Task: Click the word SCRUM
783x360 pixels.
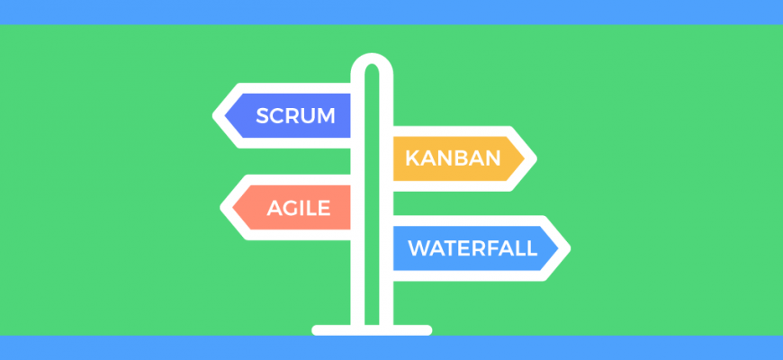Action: pyautogui.click(x=295, y=116)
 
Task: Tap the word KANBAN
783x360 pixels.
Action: pyautogui.click(x=453, y=158)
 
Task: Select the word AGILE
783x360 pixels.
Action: pyautogui.click(x=299, y=208)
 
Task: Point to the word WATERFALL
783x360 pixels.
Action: pyautogui.click(x=472, y=248)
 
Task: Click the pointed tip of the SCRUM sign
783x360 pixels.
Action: pyautogui.click(x=213, y=116)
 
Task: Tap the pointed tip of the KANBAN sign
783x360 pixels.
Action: pyautogui.click(x=535, y=158)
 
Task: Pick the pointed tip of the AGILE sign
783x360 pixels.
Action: pyautogui.click(x=221, y=208)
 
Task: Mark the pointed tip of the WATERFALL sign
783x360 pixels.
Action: pyautogui.click(x=570, y=248)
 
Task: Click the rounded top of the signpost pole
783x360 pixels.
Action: pyautogui.click(x=372, y=56)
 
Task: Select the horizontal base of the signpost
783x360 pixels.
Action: pyautogui.click(x=372, y=330)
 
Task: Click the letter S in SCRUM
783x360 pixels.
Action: pyautogui.click(x=263, y=116)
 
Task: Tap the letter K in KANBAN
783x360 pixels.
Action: pyautogui.click(x=413, y=158)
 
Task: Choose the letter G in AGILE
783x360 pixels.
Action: pyautogui.click(x=293, y=208)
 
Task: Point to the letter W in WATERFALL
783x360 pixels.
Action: pyautogui.click(x=420, y=248)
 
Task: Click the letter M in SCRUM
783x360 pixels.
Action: pyautogui.click(x=326, y=116)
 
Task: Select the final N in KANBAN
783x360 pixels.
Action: pyautogui.click(x=492, y=158)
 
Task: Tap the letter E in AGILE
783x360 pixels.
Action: pyautogui.click(x=325, y=208)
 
